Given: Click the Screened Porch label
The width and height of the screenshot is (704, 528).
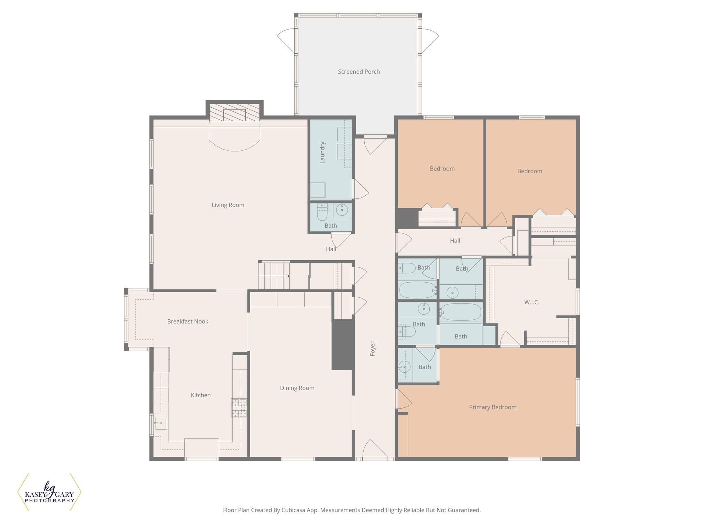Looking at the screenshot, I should click(x=359, y=72).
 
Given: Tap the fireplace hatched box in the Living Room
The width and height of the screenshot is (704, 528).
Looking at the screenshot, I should click(x=234, y=113).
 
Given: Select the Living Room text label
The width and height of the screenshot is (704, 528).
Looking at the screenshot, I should click(x=228, y=205).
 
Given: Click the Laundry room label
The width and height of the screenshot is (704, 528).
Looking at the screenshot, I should click(x=322, y=152).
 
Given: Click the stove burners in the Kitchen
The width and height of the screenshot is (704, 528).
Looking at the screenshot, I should click(x=239, y=408).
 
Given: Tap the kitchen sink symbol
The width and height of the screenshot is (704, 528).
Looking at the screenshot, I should click(x=161, y=423).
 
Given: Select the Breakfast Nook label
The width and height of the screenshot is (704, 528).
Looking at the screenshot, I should click(x=188, y=322).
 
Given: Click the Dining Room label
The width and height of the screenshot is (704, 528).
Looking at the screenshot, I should click(x=297, y=388).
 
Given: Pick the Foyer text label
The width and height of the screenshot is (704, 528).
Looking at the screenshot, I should click(x=373, y=349).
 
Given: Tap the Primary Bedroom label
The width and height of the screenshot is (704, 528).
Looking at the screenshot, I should click(x=493, y=407).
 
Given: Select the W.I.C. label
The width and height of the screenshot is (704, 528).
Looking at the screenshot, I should click(x=531, y=302).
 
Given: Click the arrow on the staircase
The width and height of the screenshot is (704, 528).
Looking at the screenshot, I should click(x=288, y=276).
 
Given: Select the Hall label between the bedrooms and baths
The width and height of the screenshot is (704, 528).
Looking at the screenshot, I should click(x=455, y=241).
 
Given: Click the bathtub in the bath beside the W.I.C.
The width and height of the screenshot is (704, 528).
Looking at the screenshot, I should click(x=461, y=312).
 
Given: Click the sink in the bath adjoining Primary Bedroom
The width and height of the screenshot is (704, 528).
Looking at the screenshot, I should click(x=405, y=367).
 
